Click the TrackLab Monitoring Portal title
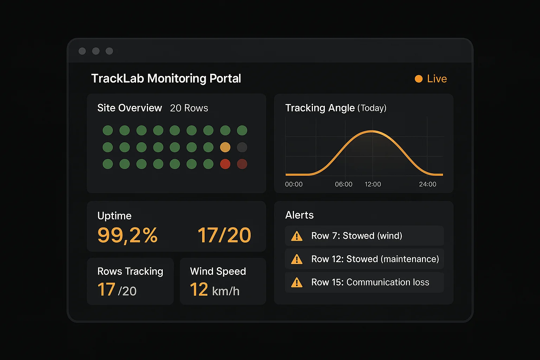(166, 78)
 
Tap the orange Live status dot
(418, 79)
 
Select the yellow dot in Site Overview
(225, 147)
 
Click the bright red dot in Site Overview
(225, 164)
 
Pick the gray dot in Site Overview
(242, 147)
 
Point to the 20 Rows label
(189, 108)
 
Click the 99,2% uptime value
(127, 235)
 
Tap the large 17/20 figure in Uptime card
(224, 235)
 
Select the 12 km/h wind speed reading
(214, 290)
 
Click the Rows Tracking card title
(130, 271)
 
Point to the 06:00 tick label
(343, 184)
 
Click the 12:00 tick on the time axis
(373, 184)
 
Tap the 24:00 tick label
(427, 184)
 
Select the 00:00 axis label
(294, 184)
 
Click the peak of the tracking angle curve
(372, 131)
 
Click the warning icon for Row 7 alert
(297, 236)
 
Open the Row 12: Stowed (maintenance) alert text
(375, 259)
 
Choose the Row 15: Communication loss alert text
(370, 282)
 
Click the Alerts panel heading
(299, 215)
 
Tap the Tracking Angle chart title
(335, 108)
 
